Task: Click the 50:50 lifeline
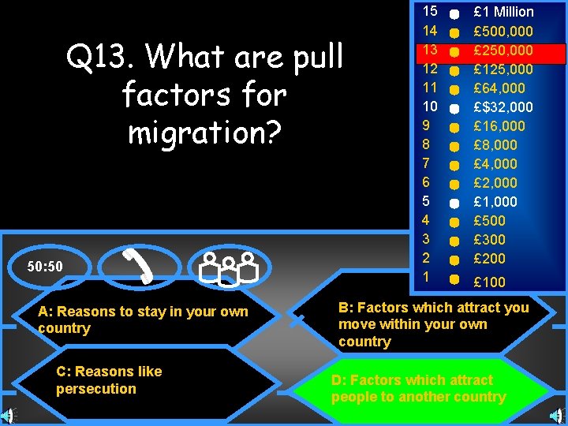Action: pos(45,267)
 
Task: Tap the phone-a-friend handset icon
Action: pos(140,265)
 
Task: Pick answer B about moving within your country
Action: pos(433,324)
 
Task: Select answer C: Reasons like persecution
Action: pos(109,379)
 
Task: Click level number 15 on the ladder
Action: pos(430,11)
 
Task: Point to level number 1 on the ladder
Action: pos(426,277)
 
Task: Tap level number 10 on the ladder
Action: pos(430,106)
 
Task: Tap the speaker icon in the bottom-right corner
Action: pos(559,416)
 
